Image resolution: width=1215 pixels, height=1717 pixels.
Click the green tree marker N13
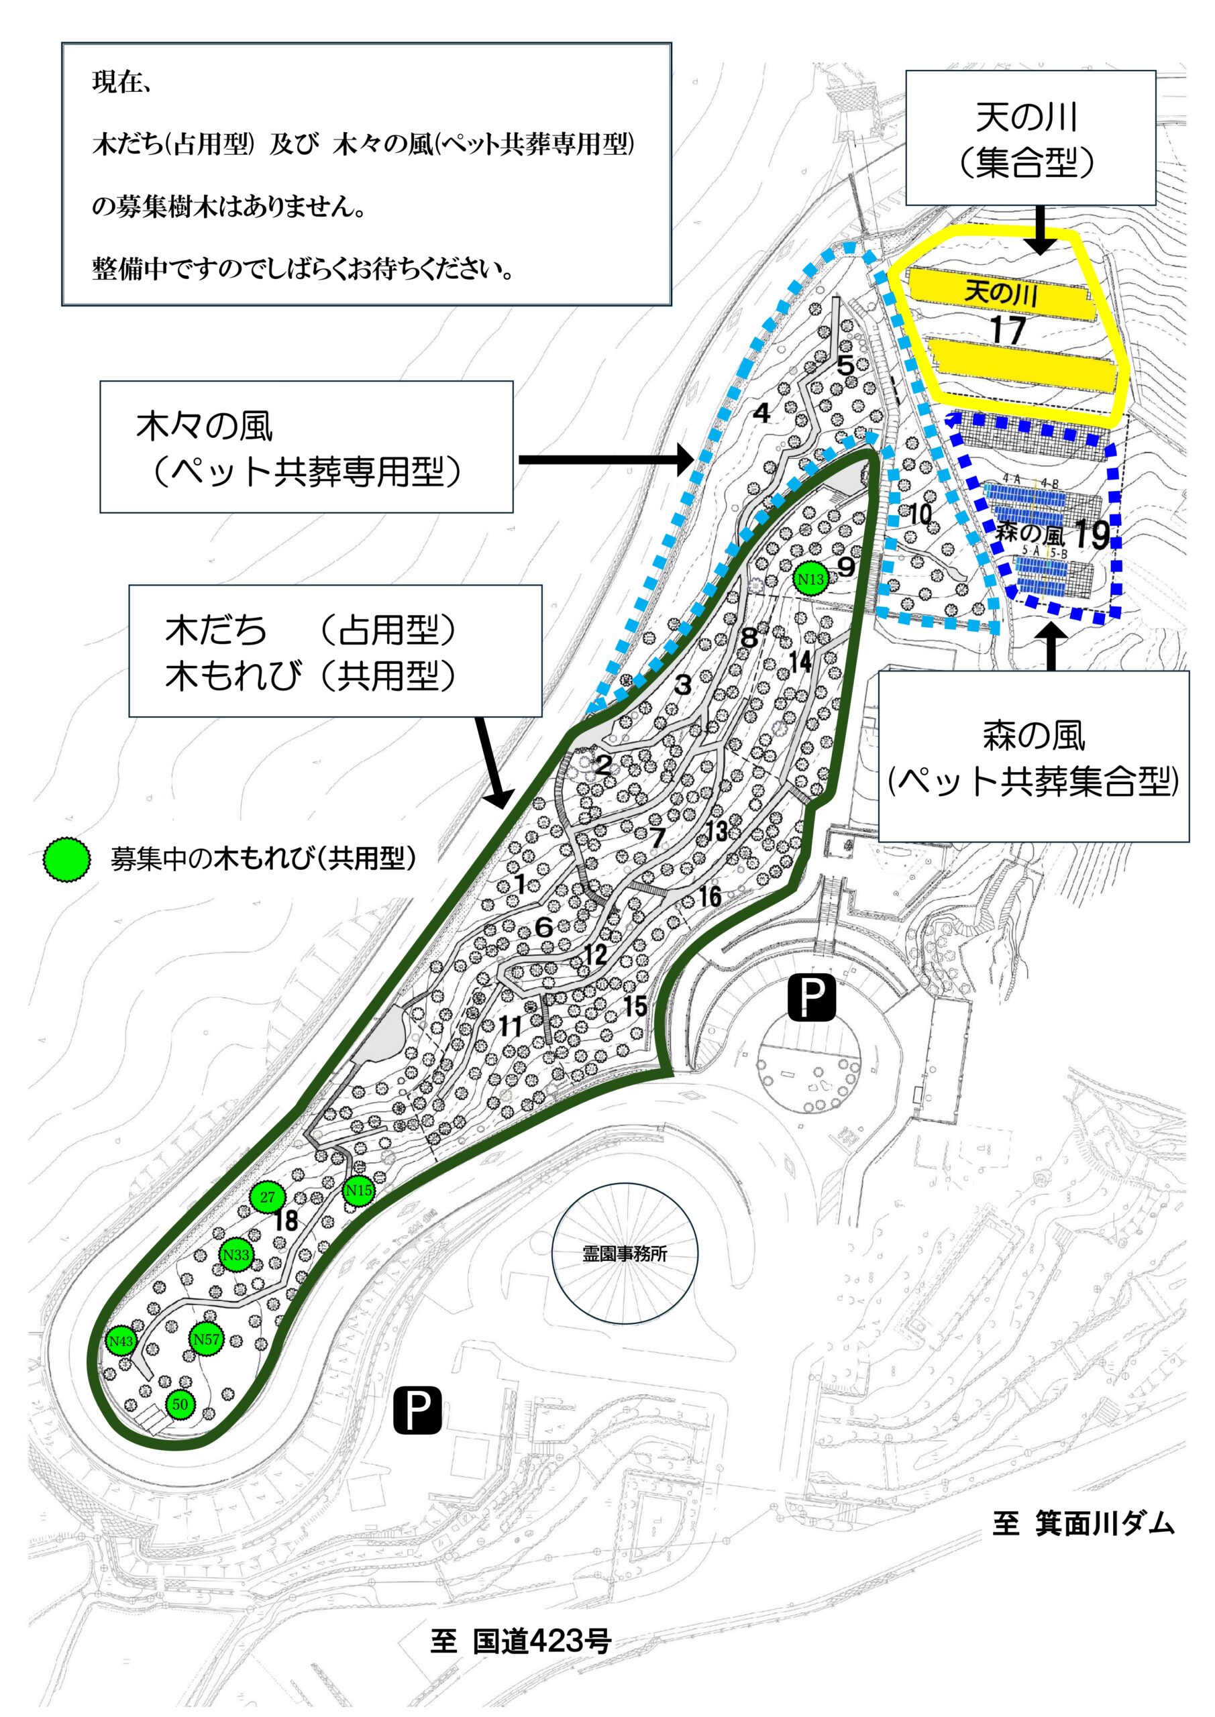tap(810, 579)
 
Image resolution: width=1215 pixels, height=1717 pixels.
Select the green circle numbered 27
tap(267, 1197)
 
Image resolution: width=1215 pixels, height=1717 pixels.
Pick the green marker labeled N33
tap(235, 1255)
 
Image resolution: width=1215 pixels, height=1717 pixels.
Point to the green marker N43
tap(121, 1341)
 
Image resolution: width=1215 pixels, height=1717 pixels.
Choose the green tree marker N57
tap(207, 1339)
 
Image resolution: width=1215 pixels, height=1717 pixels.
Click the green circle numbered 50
tap(180, 1404)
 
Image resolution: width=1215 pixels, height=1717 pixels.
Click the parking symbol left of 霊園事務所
tap(417, 1410)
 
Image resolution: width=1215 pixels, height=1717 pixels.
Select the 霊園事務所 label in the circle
tap(625, 1254)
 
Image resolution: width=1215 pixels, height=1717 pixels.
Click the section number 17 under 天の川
tap(1007, 330)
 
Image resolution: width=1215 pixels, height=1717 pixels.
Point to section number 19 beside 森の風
tap(1092, 534)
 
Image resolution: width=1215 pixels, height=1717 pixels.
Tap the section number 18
tap(286, 1221)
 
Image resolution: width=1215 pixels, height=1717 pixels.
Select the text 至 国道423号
tap(521, 1641)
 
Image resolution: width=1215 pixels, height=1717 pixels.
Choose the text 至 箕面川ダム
tap(1084, 1523)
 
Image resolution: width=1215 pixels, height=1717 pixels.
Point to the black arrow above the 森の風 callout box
tap(1053, 645)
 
